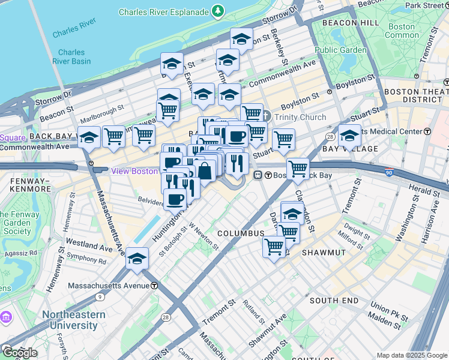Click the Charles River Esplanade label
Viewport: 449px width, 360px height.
pyautogui.click(x=164, y=11)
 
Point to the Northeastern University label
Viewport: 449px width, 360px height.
pyautogui.click(x=70, y=320)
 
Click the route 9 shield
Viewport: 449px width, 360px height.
pyautogui.click(x=98, y=297)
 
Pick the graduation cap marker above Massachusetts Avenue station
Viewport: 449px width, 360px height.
pyautogui.click(x=137, y=258)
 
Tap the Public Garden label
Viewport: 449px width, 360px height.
pyautogui.click(x=340, y=50)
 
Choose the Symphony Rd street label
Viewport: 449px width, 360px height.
pyautogui.click(x=86, y=260)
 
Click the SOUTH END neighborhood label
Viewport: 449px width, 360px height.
pyautogui.click(x=334, y=300)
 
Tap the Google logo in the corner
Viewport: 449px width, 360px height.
pyautogui.click(x=19, y=352)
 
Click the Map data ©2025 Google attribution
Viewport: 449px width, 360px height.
pyautogui.click(x=412, y=355)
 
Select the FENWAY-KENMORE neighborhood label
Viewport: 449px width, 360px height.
pyautogui.click(x=25, y=184)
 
